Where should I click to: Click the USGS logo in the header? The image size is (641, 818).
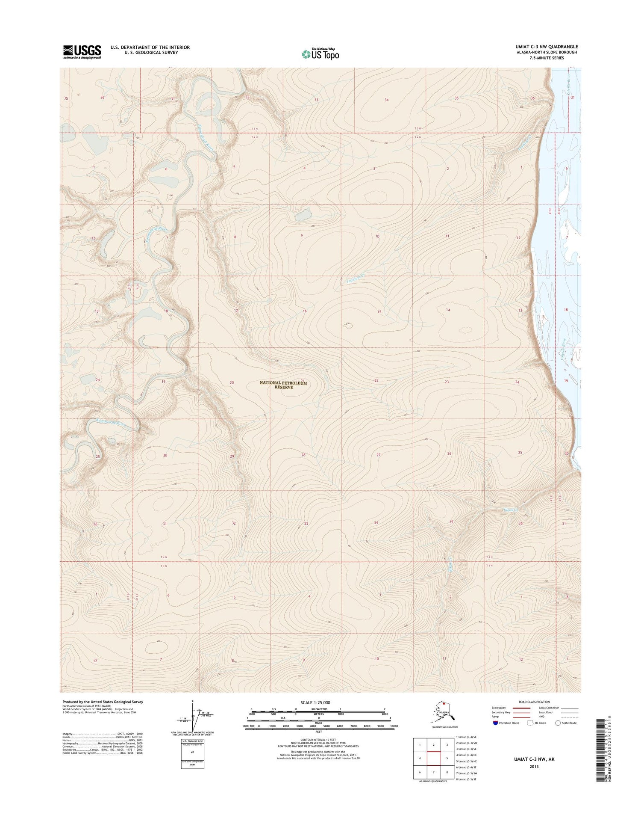[x=82, y=52]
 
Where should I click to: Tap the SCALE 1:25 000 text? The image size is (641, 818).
[x=315, y=702]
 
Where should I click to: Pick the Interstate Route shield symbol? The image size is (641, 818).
[x=495, y=723]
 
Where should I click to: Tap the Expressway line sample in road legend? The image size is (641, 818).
[x=522, y=708]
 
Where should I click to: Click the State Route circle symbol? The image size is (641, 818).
[x=558, y=723]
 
